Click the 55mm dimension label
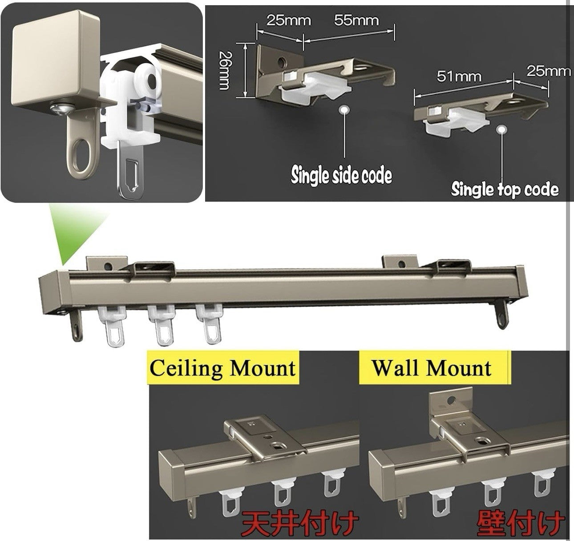356,20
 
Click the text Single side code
341,175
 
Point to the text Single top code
505,189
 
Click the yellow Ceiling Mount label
222,368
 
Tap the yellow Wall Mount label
432,368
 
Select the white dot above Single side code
343,110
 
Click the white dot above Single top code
502,129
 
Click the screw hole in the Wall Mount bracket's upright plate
453,401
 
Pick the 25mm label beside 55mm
288,20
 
